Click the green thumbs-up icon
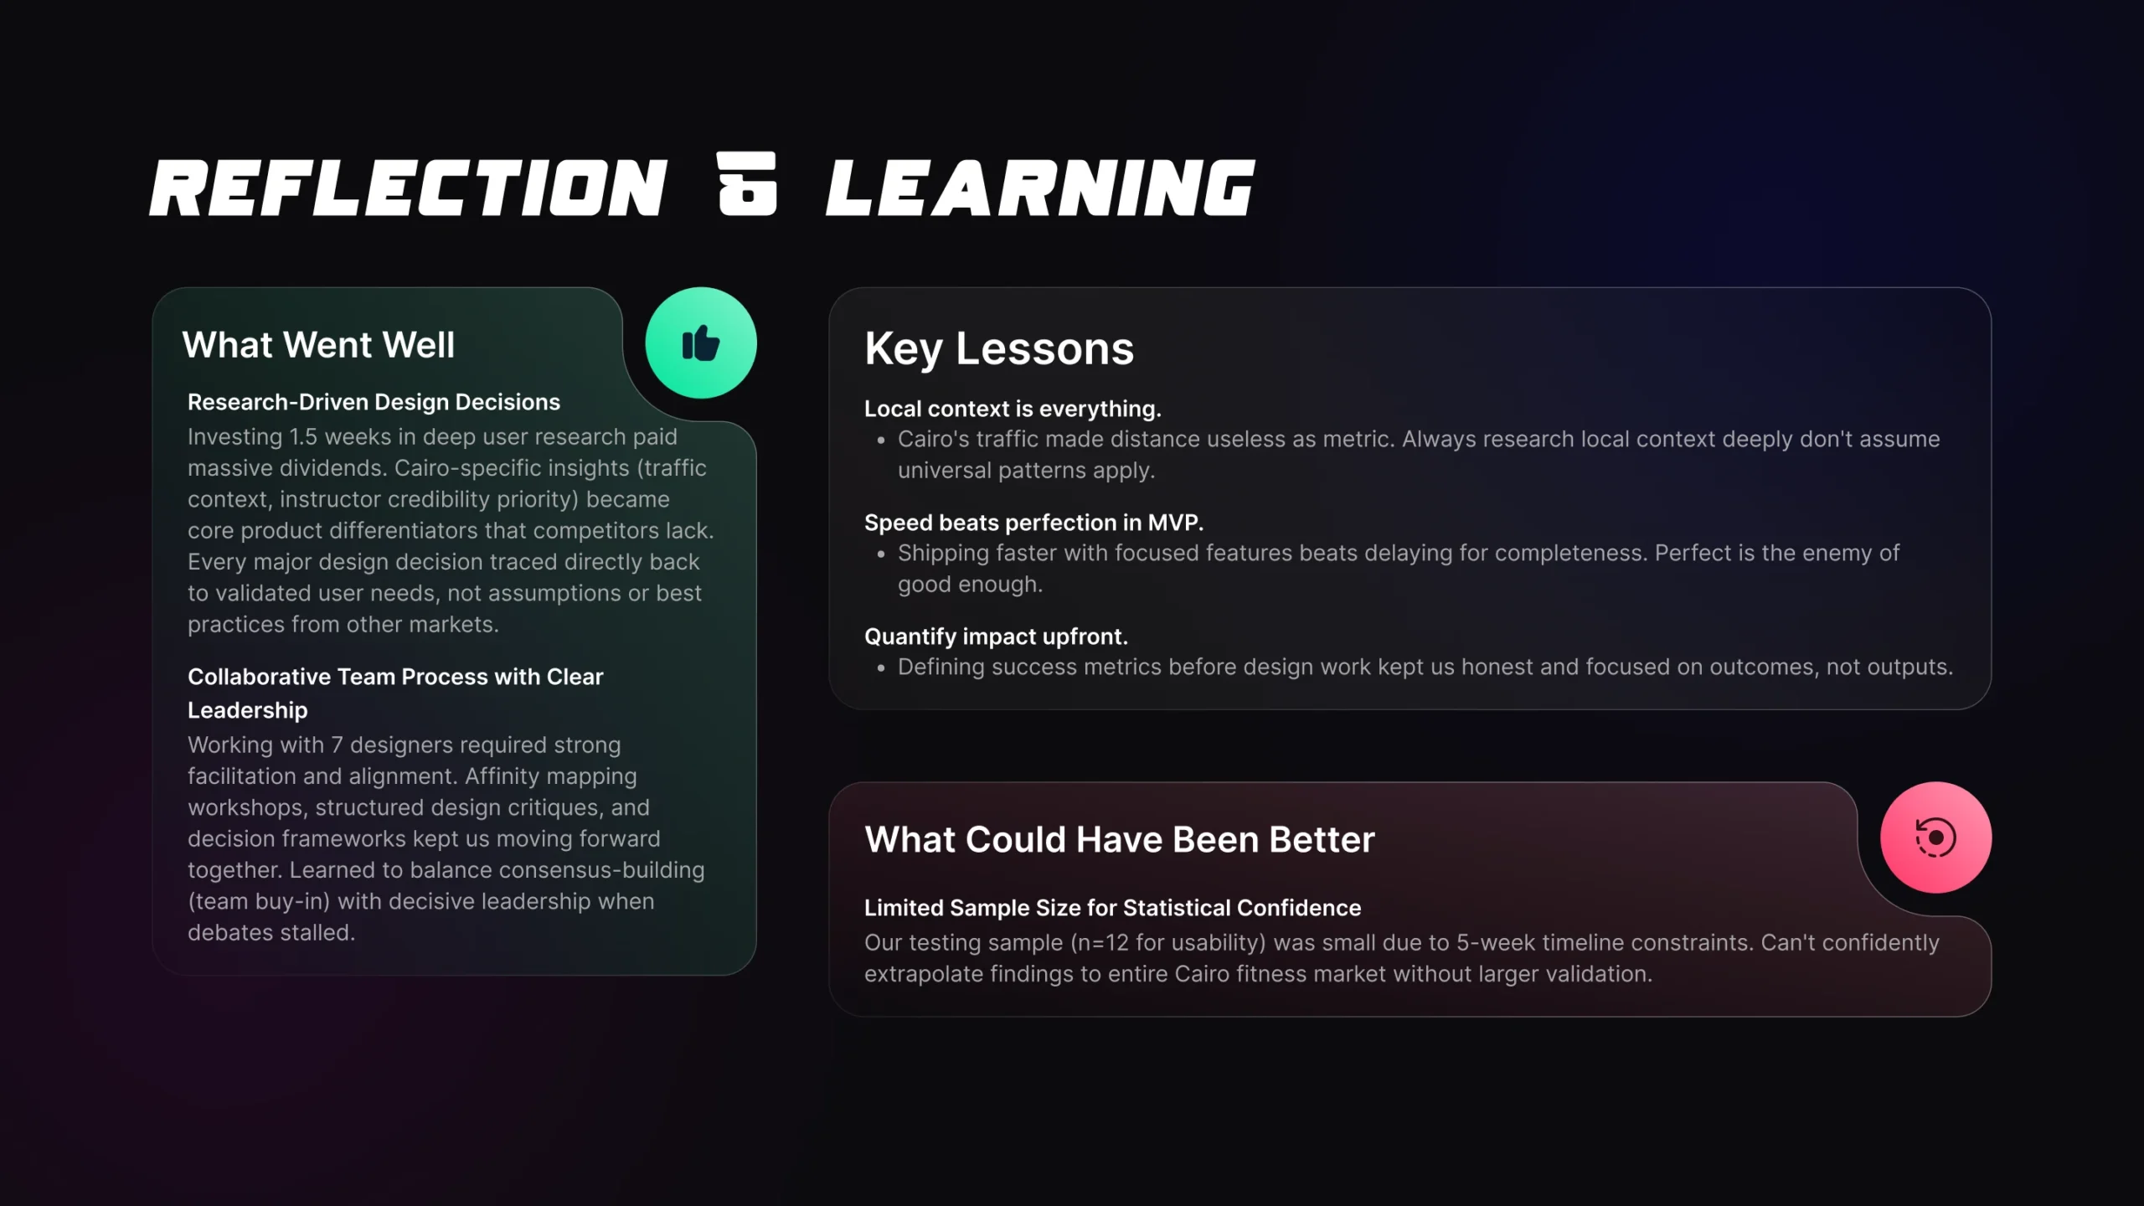pyautogui.click(x=701, y=343)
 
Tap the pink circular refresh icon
pyautogui.click(x=1935, y=837)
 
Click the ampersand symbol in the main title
pyautogui.click(x=747, y=184)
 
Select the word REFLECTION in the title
pyautogui.click(x=409, y=188)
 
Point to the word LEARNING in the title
pyautogui.click(x=1040, y=188)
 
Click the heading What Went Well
pyautogui.click(x=318, y=345)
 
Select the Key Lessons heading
pyautogui.click(x=999, y=348)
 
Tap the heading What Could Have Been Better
pyautogui.click(x=1120, y=839)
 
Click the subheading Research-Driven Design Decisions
pyautogui.click(x=374, y=402)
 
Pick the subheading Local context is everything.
pyautogui.click(x=1013, y=409)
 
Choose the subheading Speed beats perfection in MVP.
pyautogui.click(x=1033, y=523)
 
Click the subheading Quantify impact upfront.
pyautogui.click(x=996, y=636)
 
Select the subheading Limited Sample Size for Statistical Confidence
pyautogui.click(x=1112, y=908)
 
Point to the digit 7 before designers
pyautogui.click(x=337, y=745)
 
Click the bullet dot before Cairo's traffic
pyautogui.click(x=881, y=441)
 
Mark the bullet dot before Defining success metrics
pyautogui.click(x=881, y=668)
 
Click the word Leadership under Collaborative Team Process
pyautogui.click(x=248, y=710)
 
